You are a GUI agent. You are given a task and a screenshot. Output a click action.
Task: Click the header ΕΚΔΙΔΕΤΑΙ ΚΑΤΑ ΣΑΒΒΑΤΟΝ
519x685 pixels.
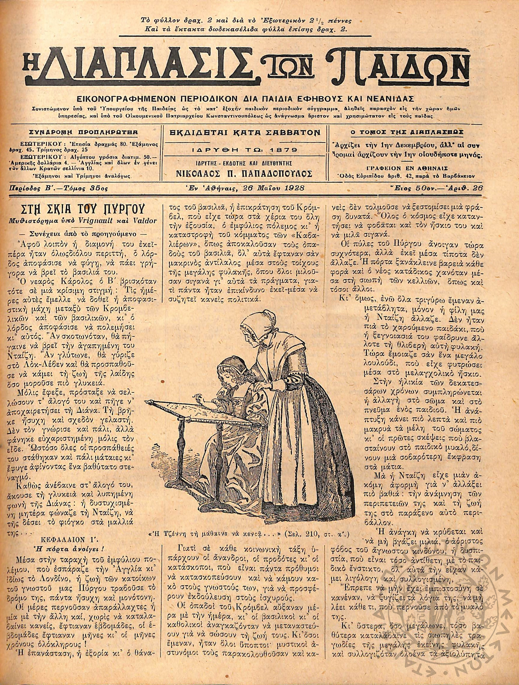coord(246,133)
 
